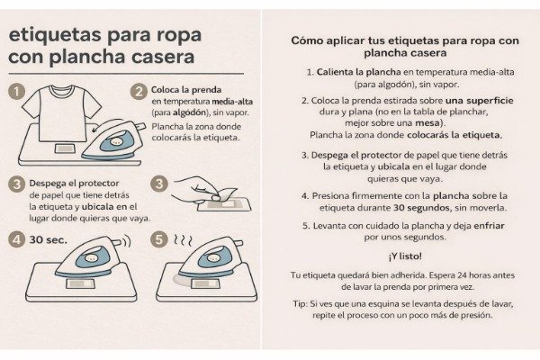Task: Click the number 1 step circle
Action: [x=15, y=91]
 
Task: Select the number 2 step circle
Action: [x=138, y=91]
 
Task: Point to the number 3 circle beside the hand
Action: [x=158, y=184]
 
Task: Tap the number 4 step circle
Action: [x=15, y=239]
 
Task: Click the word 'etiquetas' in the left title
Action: [x=53, y=35]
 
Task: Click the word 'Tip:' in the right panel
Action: [x=299, y=304]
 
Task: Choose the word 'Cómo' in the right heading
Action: [x=308, y=40]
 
